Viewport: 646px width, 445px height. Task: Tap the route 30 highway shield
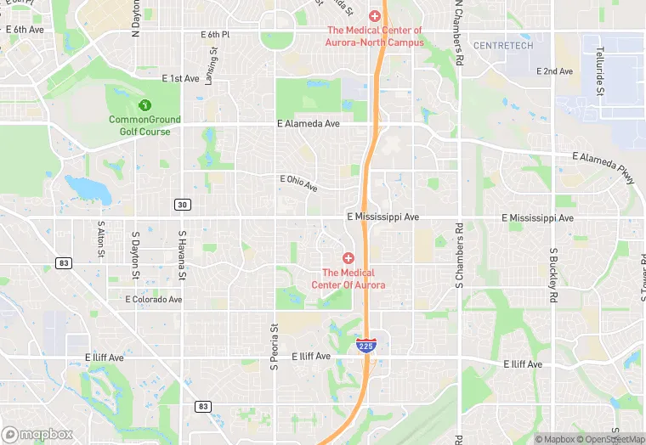[182, 205]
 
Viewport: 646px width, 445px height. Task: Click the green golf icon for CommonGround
[144, 105]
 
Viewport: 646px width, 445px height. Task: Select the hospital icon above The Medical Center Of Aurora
[348, 257]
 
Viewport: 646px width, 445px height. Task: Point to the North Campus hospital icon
[373, 16]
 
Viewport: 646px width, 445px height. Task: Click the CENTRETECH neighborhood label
[503, 45]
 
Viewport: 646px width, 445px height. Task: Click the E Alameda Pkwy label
[604, 166]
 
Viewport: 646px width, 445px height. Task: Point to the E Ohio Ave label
[298, 183]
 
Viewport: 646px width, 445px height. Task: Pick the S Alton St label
[100, 241]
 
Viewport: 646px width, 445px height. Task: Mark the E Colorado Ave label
[153, 299]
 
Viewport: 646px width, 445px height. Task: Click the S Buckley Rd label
[552, 276]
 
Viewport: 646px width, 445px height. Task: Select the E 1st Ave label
[179, 78]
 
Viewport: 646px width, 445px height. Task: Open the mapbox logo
[37, 434]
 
